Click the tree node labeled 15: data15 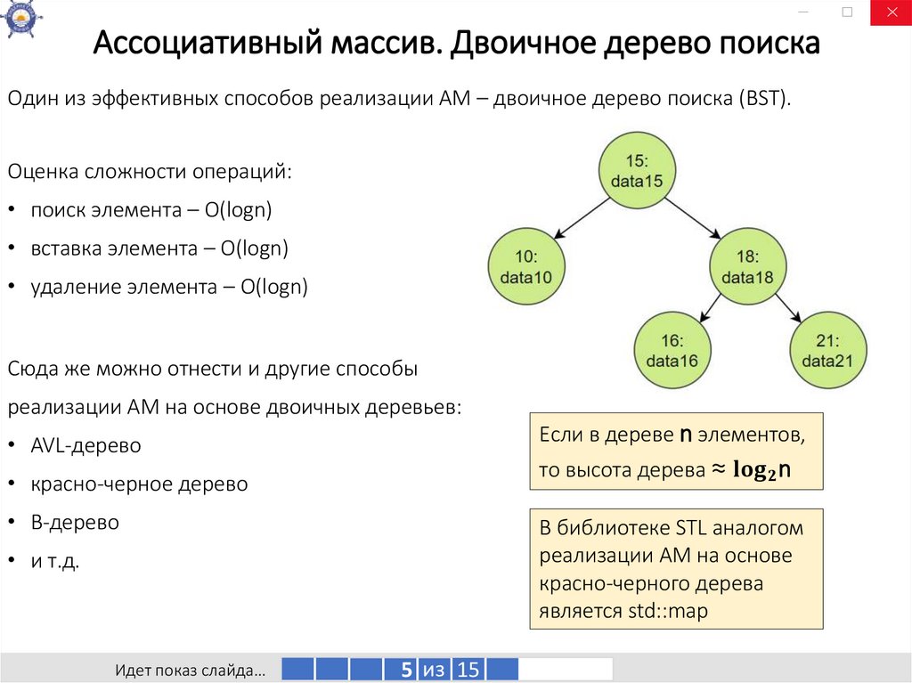point(636,172)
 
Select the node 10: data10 point(525,266)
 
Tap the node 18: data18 point(748,266)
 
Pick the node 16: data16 point(672,350)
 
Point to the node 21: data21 point(828,350)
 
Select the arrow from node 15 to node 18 point(691,218)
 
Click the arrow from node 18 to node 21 point(787,308)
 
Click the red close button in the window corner point(891,12)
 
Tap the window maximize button point(847,12)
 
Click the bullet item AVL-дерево point(85,445)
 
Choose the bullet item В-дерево point(75,523)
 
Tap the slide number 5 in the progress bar point(404,670)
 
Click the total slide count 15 point(468,670)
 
